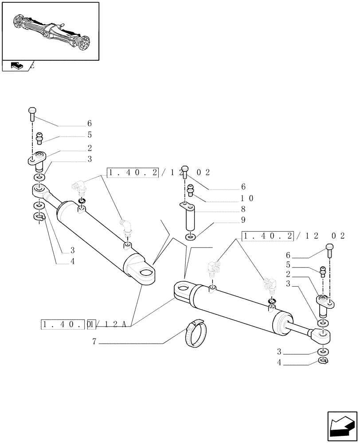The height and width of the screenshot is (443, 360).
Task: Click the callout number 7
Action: pyautogui.click(x=94, y=342)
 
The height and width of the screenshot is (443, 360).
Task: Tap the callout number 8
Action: pyautogui.click(x=243, y=209)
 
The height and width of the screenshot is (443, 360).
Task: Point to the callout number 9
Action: pyautogui.click(x=243, y=220)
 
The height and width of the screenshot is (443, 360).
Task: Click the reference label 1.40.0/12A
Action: pyautogui.click(x=85, y=324)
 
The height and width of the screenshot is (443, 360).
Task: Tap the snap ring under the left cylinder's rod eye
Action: pyautogui.click(x=39, y=217)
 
